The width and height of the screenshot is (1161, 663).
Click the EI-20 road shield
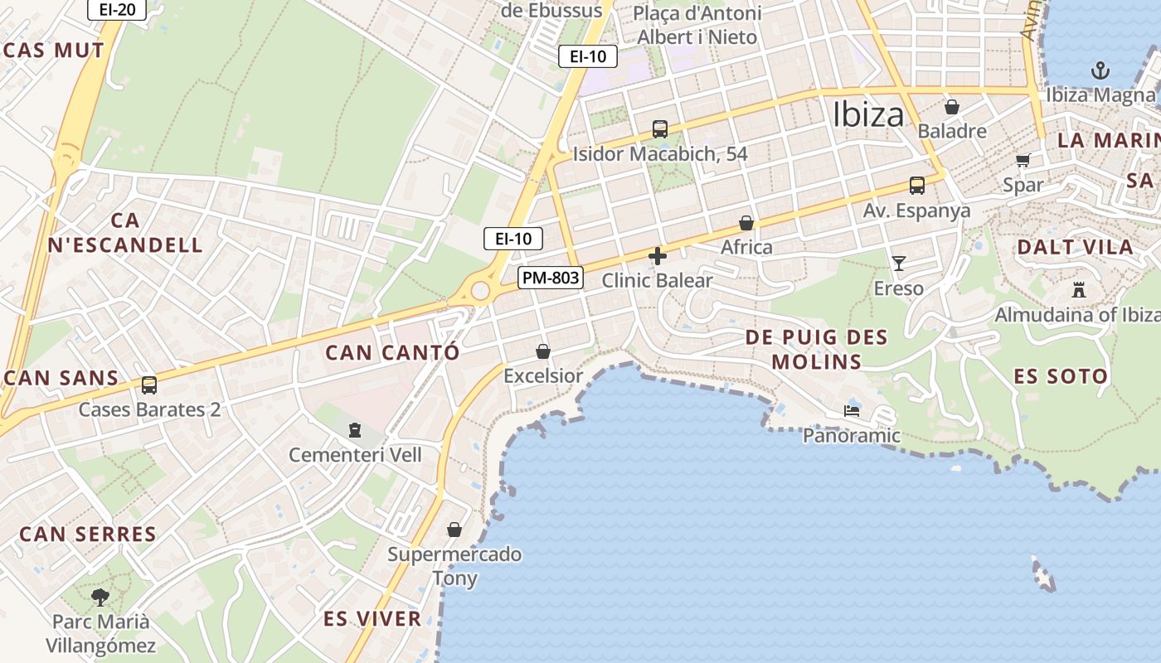[116, 9]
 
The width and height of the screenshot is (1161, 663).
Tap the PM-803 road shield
[551, 278]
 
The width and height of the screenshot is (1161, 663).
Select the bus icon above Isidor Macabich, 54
[660, 129]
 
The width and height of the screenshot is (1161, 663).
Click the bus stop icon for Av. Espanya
[916, 186]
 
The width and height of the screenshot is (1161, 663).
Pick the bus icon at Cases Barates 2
[149, 385]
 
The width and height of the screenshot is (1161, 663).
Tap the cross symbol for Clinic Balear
[658, 256]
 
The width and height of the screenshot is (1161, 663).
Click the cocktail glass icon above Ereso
[899, 264]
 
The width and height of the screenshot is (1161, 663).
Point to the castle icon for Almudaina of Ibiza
[1078, 290]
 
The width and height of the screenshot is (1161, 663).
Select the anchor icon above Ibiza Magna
[1100, 70]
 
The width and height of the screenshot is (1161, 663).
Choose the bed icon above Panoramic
[852, 410]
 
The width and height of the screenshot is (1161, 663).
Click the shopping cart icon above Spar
[1023, 160]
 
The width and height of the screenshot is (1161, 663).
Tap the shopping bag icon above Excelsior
[543, 351]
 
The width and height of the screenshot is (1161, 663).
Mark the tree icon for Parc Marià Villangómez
[100, 597]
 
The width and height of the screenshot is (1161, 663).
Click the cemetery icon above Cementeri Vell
[355, 430]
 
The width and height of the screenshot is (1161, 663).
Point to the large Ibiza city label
[868, 114]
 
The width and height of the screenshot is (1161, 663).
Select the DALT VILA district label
[1075, 247]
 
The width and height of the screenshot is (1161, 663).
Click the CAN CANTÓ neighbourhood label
[392, 352]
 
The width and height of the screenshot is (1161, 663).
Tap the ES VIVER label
[372, 618]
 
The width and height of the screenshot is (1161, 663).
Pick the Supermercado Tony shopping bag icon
[454, 530]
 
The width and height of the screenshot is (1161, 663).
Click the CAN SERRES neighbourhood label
[88, 534]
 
